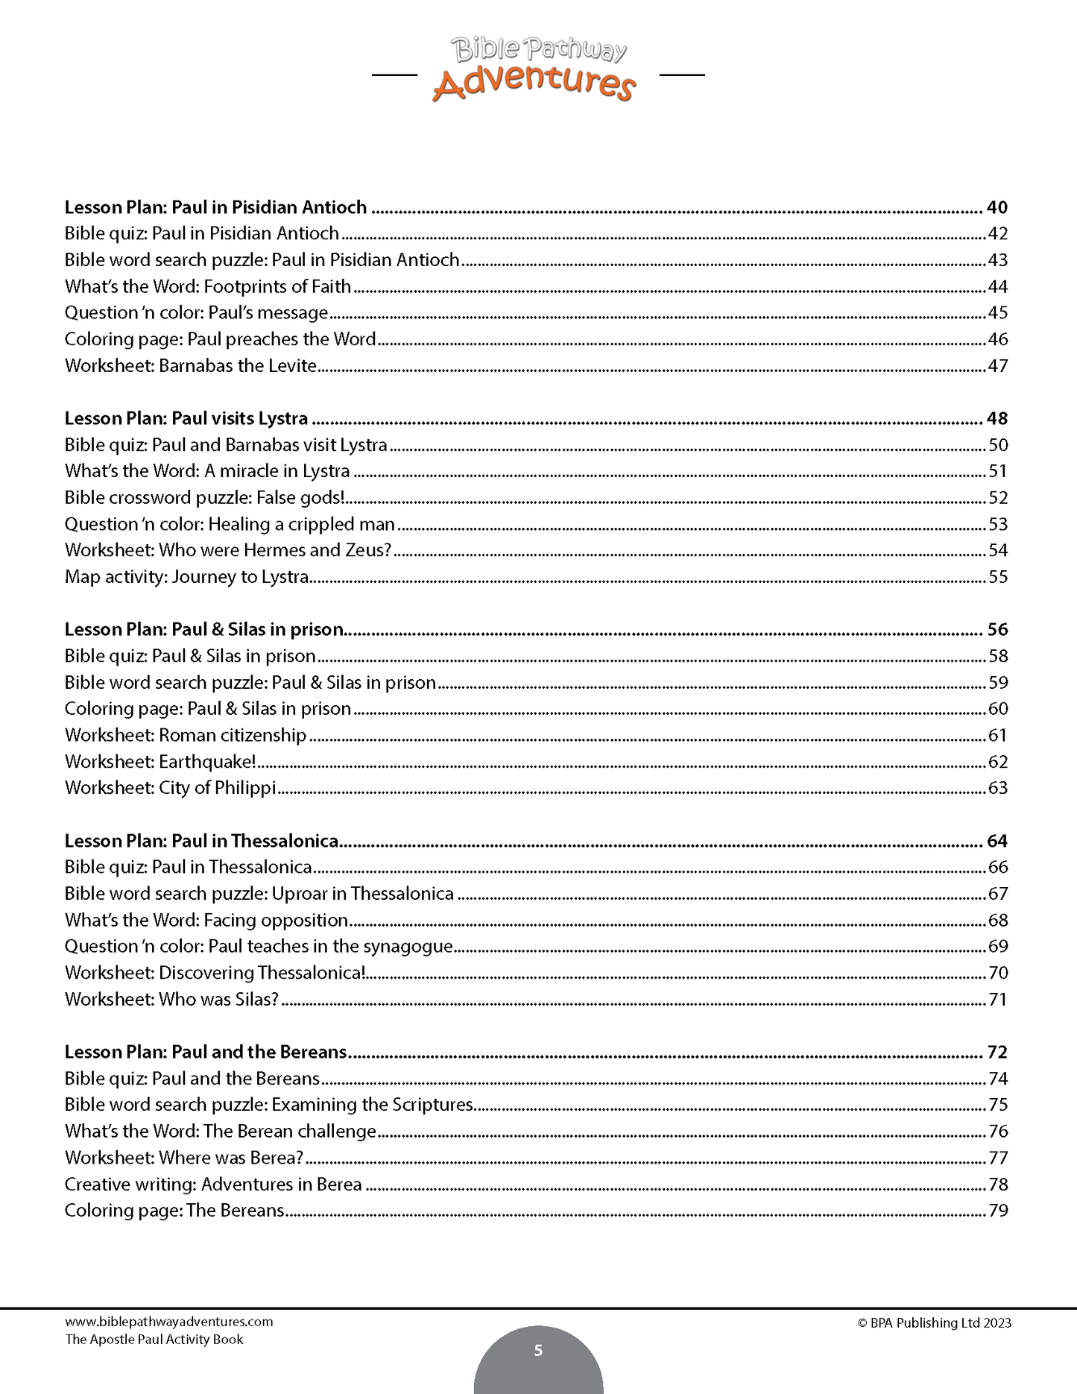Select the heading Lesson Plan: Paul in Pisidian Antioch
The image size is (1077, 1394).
215,207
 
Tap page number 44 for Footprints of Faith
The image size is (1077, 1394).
997,286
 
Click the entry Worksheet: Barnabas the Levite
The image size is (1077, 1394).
191,366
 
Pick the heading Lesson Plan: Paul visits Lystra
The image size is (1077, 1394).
186,418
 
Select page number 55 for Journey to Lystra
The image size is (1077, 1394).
997,577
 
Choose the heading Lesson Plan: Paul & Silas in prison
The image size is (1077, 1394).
203,629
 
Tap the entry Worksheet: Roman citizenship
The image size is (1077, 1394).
186,735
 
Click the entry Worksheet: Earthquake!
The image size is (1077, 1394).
160,762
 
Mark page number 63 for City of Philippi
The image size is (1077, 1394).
997,788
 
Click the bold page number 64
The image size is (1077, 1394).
997,841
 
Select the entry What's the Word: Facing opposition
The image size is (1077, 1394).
206,920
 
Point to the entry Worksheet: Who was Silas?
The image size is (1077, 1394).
171,999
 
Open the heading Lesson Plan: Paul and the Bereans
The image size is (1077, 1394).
206,1052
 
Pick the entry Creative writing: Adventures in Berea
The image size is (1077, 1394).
213,1184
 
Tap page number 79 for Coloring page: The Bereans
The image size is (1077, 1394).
998,1211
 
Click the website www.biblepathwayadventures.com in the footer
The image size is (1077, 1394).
169,1322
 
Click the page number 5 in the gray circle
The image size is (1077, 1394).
538,1350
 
